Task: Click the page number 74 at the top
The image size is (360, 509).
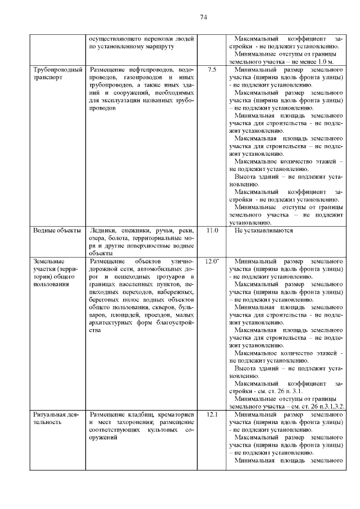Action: [204, 17]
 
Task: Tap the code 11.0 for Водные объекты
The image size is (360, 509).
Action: [211, 231]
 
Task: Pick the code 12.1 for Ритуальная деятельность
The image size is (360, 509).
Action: [211, 414]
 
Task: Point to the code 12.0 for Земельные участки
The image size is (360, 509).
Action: [211, 262]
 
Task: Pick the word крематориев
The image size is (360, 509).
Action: [175, 414]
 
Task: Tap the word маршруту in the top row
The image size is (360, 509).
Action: [160, 46]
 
